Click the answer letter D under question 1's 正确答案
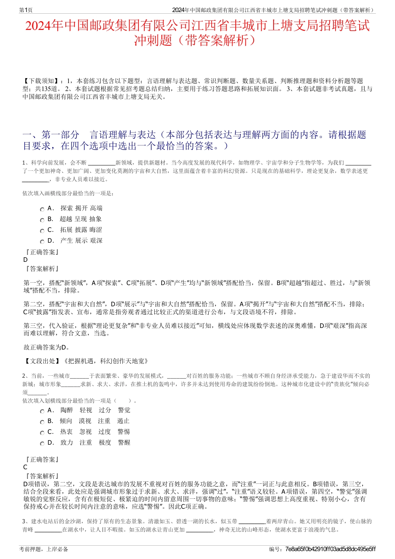[26, 260]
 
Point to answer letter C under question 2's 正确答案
[25, 467]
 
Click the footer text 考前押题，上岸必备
[44, 549]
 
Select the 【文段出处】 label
[42, 361]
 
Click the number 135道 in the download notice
[53, 89]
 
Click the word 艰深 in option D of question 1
[96, 241]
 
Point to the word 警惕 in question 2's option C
[123, 432]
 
